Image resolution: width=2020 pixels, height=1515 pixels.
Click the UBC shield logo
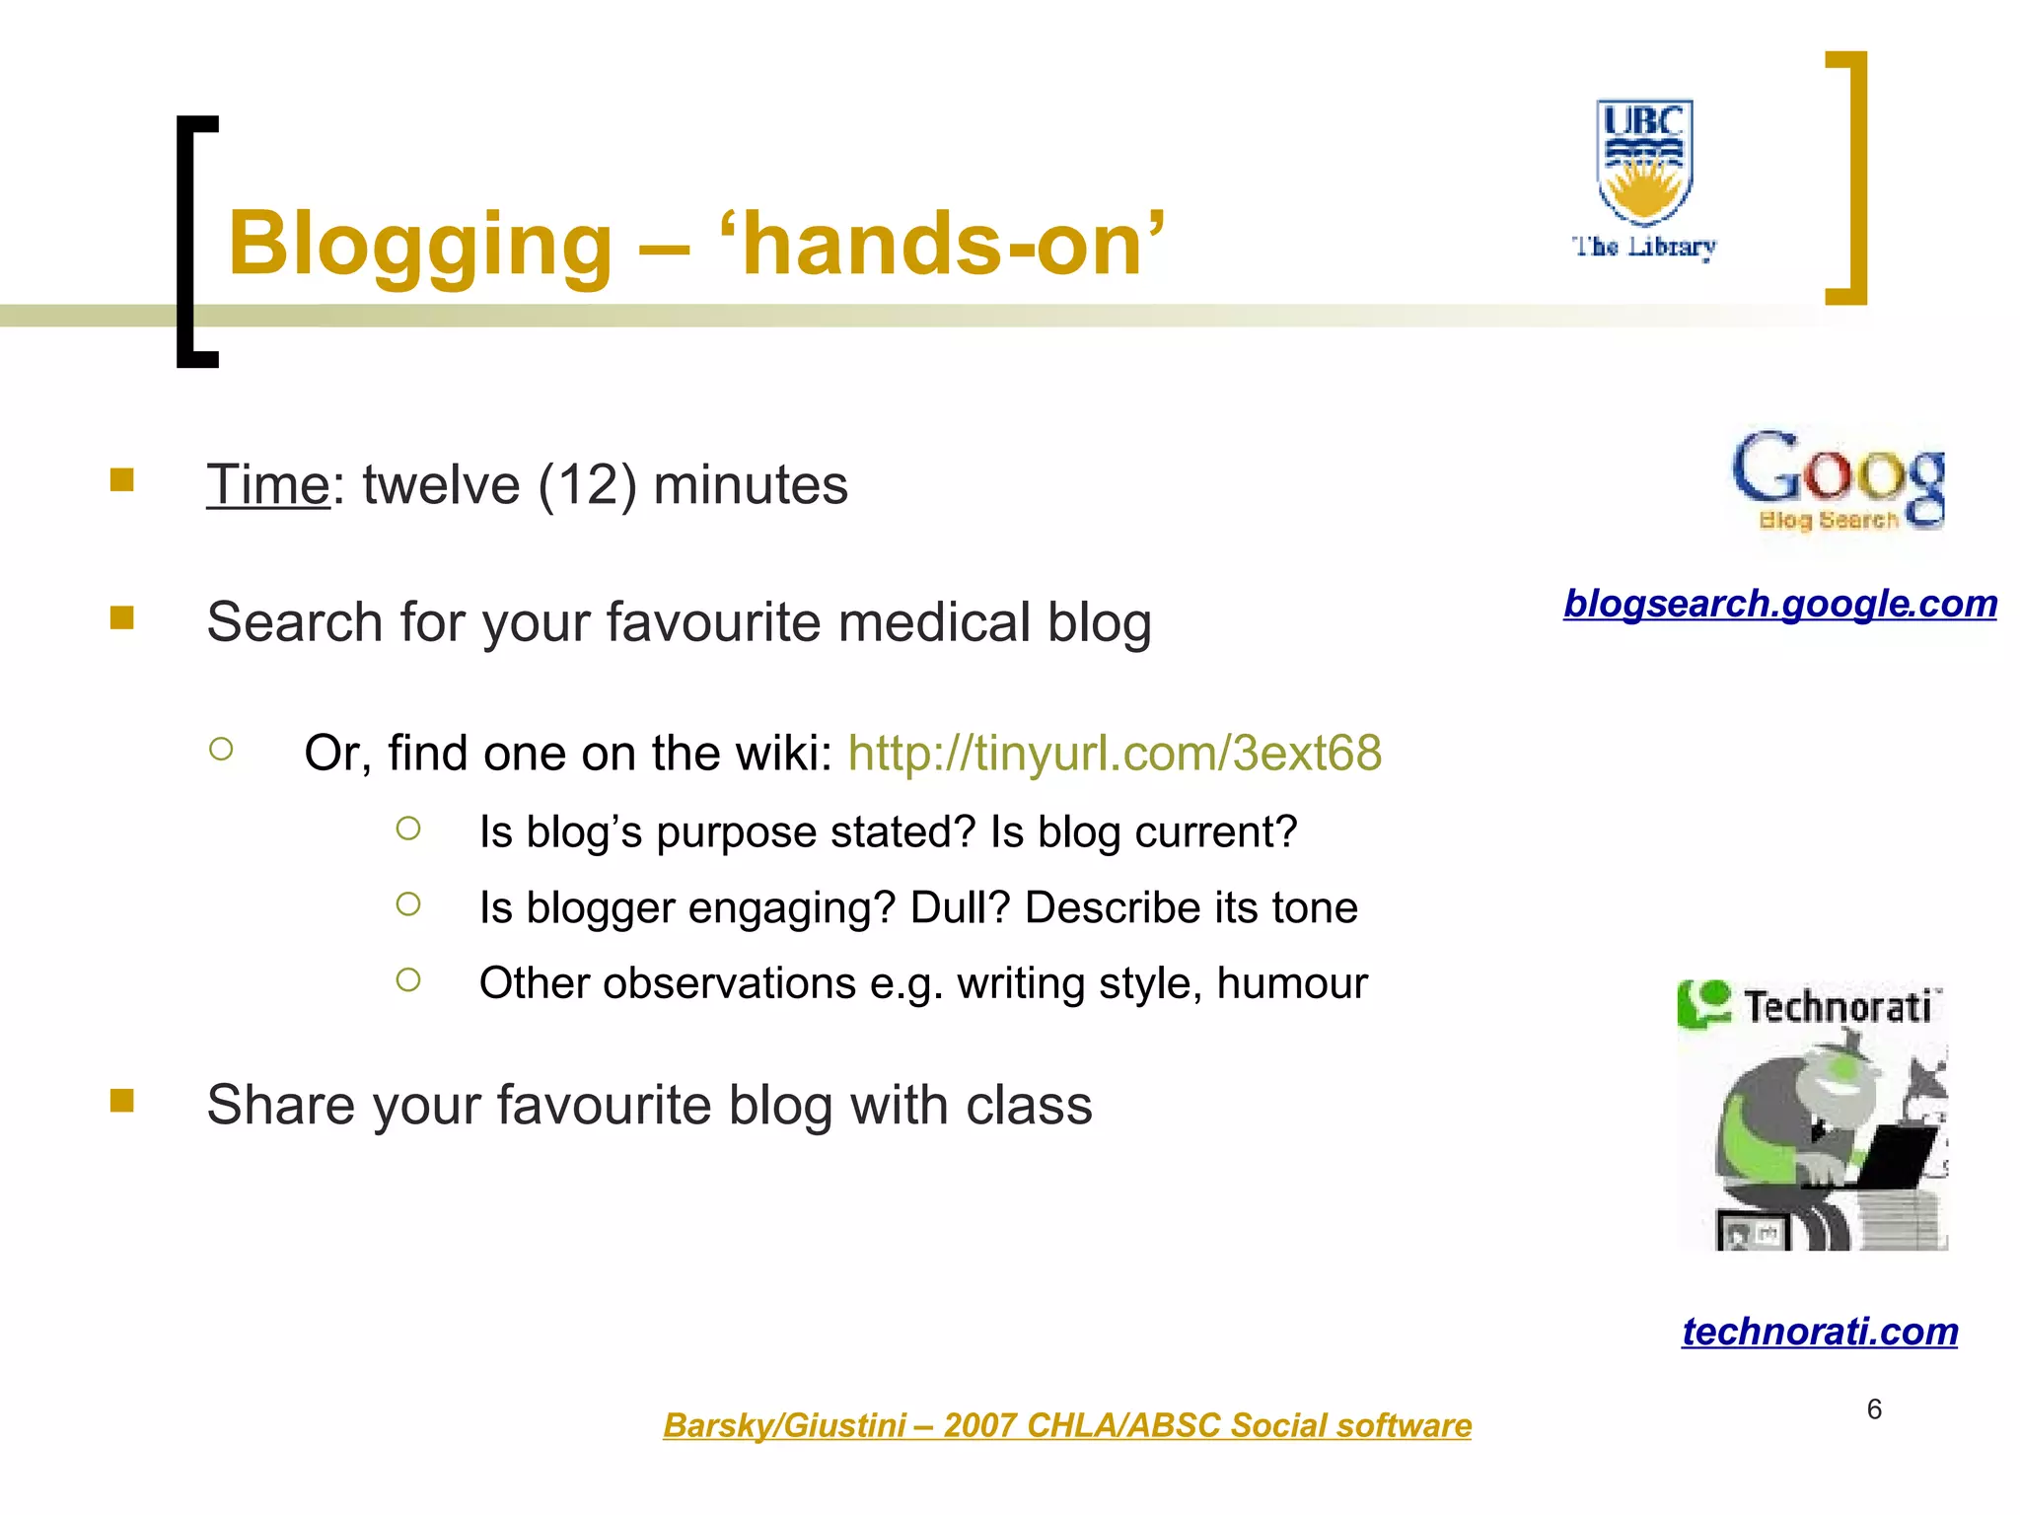pos(1644,160)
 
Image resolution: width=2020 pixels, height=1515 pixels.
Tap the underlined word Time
pos(267,484)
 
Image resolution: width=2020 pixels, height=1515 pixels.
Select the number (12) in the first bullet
pos(587,484)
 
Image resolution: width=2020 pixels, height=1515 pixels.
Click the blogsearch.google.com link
pos(1780,603)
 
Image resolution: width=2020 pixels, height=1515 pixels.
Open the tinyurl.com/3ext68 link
pos(1115,753)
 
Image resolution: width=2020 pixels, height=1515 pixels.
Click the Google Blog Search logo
pos(1838,479)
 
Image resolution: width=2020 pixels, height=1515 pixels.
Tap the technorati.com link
pos(1820,1331)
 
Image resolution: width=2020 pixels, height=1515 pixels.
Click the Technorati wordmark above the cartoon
pos(1837,1006)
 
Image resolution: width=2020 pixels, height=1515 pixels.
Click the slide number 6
pos(1874,1408)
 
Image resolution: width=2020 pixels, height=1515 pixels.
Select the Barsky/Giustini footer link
pos(1067,1425)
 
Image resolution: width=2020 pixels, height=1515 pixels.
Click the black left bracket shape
pos(194,242)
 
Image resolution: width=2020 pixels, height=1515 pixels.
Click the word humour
pos(1292,982)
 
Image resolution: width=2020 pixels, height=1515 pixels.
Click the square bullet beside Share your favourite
pos(122,1100)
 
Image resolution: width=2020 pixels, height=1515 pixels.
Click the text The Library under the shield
pos(1644,247)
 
